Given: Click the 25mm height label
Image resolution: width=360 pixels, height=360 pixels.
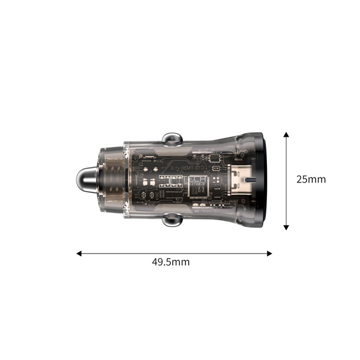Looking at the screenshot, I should point(311,179).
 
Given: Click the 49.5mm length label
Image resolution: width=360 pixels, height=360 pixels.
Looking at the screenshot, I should point(171,262).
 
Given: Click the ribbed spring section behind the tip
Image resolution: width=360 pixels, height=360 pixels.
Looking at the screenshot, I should point(114,179).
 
